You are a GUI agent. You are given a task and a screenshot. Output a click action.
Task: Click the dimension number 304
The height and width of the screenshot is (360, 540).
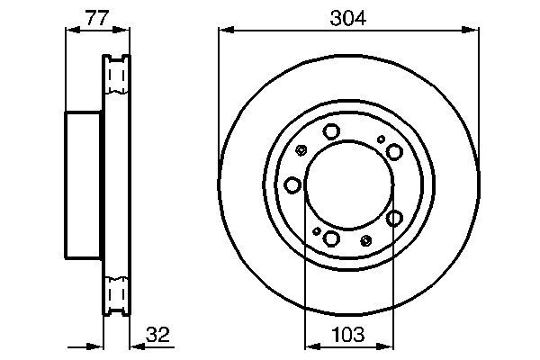(347, 18)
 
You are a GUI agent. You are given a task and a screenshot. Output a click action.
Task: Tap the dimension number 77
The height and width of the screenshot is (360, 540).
(97, 18)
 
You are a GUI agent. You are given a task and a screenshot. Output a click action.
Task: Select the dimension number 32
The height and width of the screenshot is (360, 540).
(157, 335)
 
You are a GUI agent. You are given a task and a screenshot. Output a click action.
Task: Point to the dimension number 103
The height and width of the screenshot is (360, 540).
(347, 335)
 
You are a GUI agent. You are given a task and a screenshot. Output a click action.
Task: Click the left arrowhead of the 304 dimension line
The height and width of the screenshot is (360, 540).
(226, 31)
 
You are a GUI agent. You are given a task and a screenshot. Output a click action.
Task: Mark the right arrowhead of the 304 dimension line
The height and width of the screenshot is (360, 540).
(471, 31)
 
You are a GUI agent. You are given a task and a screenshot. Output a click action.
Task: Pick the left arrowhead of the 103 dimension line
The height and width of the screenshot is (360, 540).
(312, 346)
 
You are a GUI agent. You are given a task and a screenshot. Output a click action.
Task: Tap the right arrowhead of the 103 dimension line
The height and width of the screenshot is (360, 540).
(386, 346)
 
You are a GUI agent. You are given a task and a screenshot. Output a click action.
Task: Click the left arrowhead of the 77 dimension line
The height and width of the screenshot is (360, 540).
(73, 31)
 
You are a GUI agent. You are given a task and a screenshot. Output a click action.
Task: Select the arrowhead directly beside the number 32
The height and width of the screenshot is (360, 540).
(138, 346)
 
